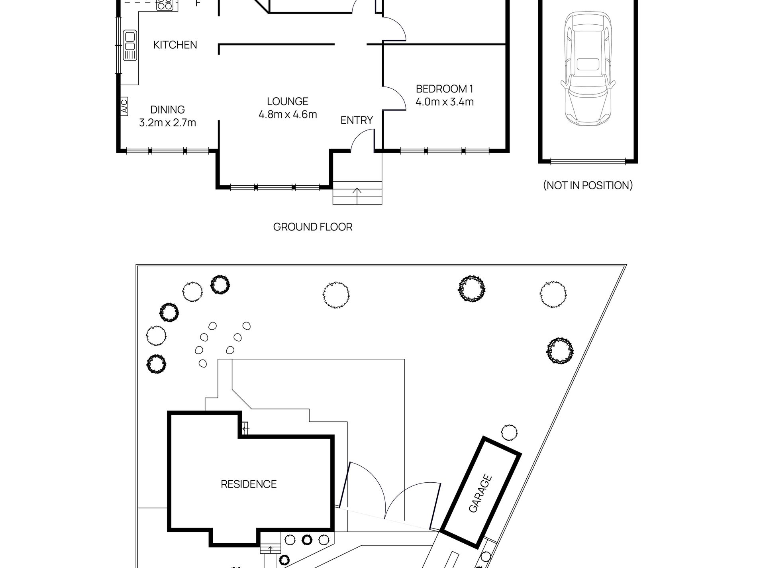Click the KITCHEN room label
click(x=175, y=45)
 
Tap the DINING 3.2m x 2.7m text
click(x=167, y=116)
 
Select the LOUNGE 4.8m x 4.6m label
click(x=288, y=108)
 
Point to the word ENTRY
click(x=357, y=120)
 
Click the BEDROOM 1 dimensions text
click(x=445, y=102)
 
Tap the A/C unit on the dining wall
click(x=124, y=106)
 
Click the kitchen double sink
click(x=130, y=45)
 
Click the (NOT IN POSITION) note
click(x=588, y=185)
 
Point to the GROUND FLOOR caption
click(x=313, y=227)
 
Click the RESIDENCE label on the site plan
click(x=249, y=484)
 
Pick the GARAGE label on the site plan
click(x=480, y=493)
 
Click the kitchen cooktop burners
click(x=164, y=5)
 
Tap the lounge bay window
click(x=275, y=186)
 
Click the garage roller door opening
click(x=588, y=161)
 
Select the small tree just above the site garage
click(x=509, y=432)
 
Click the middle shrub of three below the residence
click(x=306, y=551)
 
